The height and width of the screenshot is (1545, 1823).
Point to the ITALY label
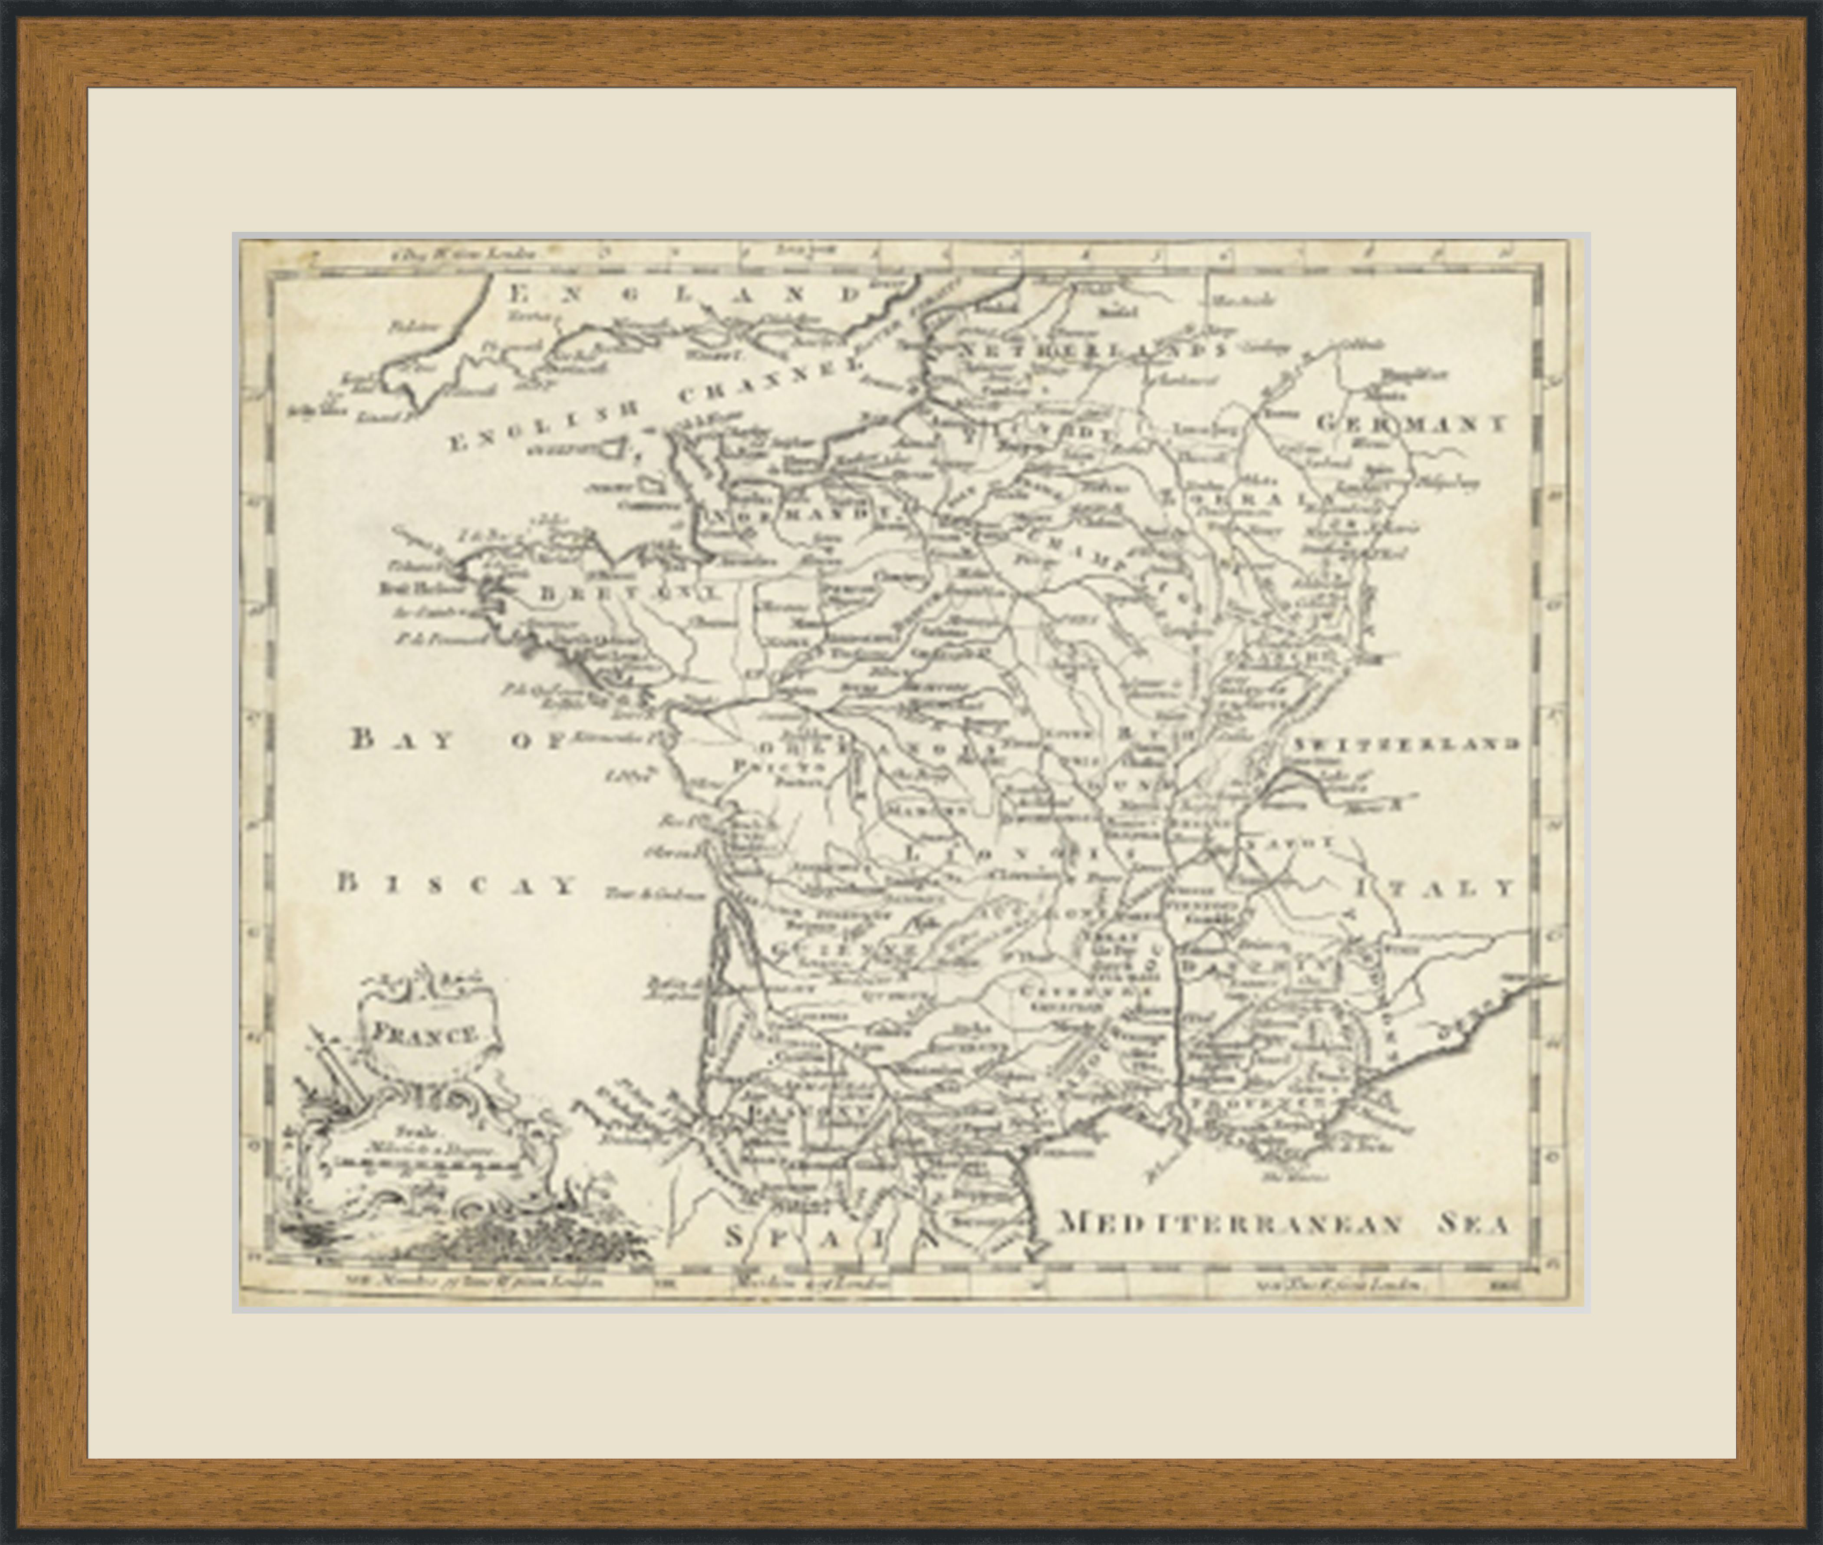pos(1434,888)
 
